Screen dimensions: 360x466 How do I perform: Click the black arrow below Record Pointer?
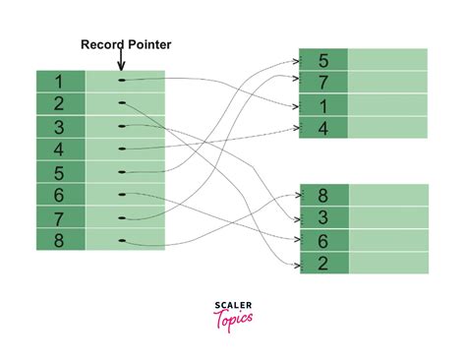pyautogui.click(x=122, y=61)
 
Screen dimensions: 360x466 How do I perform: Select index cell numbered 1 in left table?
pyautogui.click(x=61, y=82)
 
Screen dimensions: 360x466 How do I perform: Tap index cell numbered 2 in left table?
pyautogui.click(x=61, y=104)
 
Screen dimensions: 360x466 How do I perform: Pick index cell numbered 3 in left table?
pyautogui.click(x=61, y=127)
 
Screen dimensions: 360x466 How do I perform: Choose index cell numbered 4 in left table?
pyautogui.click(x=61, y=150)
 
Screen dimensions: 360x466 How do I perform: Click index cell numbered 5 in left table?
pyautogui.click(x=61, y=172)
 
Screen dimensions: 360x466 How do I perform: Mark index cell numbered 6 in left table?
pyautogui.click(x=61, y=195)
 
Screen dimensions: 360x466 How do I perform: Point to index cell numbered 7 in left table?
pyautogui.click(x=61, y=217)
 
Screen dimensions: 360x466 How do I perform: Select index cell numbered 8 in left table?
pyautogui.click(x=61, y=239)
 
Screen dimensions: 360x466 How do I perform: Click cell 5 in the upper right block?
pyautogui.click(x=323, y=59)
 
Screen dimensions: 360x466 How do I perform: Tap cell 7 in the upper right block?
pyautogui.click(x=323, y=82)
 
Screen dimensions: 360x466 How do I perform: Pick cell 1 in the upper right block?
pyautogui.click(x=323, y=104)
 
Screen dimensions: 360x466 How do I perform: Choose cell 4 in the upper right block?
pyautogui.click(x=323, y=127)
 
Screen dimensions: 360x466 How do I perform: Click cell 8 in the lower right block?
pyautogui.click(x=323, y=195)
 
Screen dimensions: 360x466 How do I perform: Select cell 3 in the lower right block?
pyautogui.click(x=323, y=217)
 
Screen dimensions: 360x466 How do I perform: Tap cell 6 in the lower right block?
pyautogui.click(x=323, y=240)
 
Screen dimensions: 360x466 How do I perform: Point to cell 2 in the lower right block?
pyautogui.click(x=323, y=263)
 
